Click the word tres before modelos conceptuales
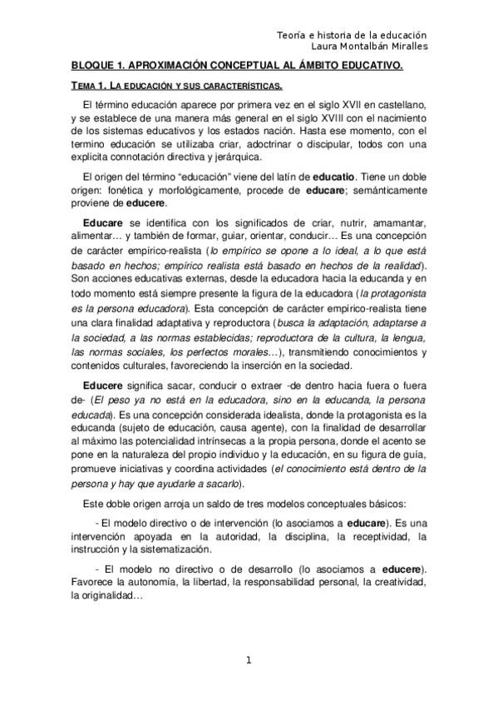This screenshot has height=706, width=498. (252, 504)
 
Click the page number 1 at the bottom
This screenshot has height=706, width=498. (249, 661)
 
